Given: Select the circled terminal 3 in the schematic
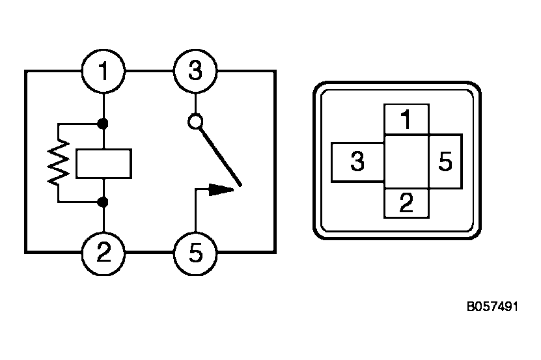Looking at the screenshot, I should coord(195,71).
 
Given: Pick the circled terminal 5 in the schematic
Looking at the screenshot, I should coord(195,252).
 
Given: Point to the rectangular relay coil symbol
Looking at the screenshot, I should coord(104,163).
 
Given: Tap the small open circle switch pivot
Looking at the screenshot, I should coord(195,121).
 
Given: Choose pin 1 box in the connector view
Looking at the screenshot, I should coord(406,120).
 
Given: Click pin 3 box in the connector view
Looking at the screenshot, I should coord(357,162).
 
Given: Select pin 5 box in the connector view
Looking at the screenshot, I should coord(445,162).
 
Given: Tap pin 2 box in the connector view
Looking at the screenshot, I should coord(406,204).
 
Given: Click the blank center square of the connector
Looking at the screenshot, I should coord(406,162).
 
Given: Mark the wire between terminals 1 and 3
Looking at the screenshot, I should coord(150,71).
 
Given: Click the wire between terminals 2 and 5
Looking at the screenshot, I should coord(150,252).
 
